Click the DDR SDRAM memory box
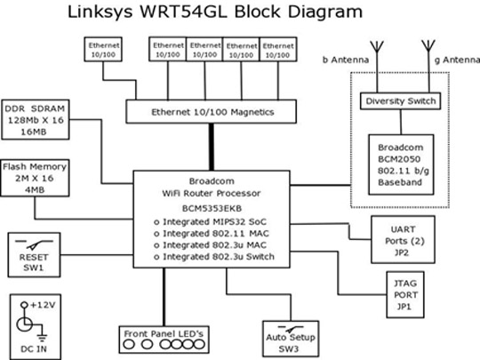36,120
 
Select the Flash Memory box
35,178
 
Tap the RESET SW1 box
34,255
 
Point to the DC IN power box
36,326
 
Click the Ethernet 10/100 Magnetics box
212,111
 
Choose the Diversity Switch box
400,101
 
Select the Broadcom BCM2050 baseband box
401,164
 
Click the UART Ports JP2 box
403,239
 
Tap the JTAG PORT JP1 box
405,294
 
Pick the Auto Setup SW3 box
291,339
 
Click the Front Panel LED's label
164,333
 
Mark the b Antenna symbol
377,46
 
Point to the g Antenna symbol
428,46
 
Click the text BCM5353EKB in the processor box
212,209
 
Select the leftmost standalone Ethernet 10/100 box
103,49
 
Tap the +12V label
43,305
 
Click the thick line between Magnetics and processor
212,147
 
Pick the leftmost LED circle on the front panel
129,345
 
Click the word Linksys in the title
100,12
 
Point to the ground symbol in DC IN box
42,338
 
